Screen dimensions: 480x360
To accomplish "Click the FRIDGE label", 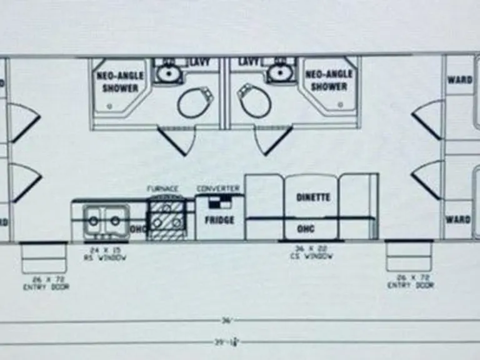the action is click(219, 220).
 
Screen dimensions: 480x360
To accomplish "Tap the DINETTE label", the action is click(313, 197).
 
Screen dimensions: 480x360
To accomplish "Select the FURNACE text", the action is click(162, 188).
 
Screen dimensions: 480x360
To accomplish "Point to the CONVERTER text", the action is click(219, 188).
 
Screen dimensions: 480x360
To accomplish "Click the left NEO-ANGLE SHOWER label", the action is click(120, 81).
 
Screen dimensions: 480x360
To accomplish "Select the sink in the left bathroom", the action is click(167, 74).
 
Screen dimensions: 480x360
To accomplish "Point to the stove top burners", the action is click(166, 219).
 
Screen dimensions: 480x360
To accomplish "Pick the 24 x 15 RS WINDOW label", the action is click(105, 254).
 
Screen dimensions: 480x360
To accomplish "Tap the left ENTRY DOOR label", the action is click(46, 282).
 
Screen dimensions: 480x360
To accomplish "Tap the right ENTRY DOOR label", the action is click(410, 281).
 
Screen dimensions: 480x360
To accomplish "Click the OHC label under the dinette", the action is click(306, 229).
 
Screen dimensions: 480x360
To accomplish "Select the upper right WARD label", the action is click(459, 80).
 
